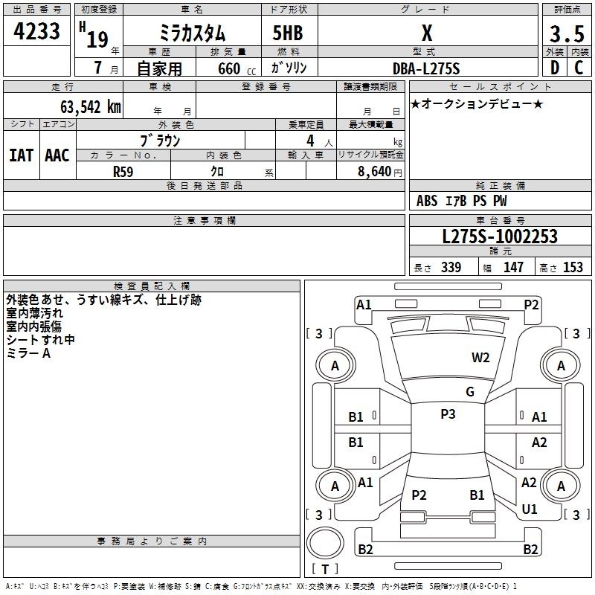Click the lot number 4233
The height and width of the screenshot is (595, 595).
tap(36, 31)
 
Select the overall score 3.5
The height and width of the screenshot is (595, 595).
tap(567, 34)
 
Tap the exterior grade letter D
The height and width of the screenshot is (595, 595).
tap(555, 68)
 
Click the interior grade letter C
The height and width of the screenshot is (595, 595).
tap(579, 68)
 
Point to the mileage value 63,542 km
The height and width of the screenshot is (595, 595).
tap(91, 107)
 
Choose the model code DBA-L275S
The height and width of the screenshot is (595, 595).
tap(426, 68)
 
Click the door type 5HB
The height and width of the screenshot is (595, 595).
tap(288, 33)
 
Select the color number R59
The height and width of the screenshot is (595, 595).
tap(123, 172)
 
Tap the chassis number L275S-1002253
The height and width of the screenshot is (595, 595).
tap(500, 237)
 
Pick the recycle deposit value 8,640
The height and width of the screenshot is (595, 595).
tap(375, 171)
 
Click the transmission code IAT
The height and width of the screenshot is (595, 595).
tap(22, 155)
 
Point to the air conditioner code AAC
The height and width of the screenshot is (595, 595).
tap(57, 155)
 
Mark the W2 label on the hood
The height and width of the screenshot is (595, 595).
tap(480, 358)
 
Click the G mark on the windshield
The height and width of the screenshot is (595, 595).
tap(470, 392)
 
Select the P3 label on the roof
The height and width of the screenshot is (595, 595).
tap(448, 414)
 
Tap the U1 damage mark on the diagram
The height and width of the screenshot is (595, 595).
tap(530, 509)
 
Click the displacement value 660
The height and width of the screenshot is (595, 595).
tap(229, 68)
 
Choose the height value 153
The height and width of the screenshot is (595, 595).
tap(573, 267)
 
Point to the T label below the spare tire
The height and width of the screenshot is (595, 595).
tap(325, 569)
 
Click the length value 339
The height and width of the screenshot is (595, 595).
tap(451, 267)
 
